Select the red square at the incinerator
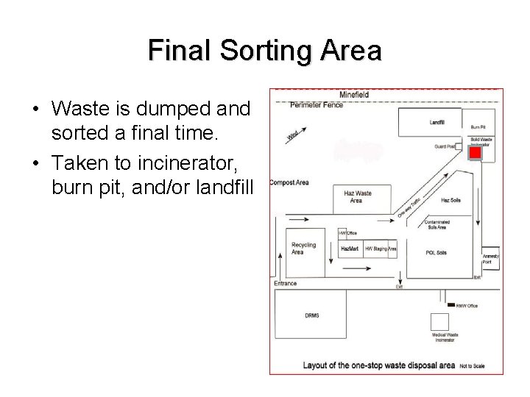[476, 153]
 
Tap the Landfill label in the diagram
[437, 121]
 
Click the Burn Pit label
[478, 126]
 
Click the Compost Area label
[289, 182]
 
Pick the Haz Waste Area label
[358, 196]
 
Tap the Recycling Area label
[303, 248]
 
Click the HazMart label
[350, 248]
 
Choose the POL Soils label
[436, 253]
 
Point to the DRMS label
[312, 316]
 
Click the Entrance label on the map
[286, 283]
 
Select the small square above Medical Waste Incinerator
[439, 322]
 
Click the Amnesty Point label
[491, 258]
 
